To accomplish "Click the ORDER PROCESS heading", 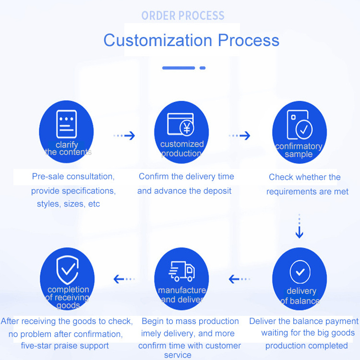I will [183, 16].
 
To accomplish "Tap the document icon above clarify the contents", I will [66, 124].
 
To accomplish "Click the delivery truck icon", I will [181, 272].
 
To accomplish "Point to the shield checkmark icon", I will [67, 269].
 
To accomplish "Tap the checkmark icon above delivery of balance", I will [300, 272].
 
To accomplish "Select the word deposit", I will [216, 191].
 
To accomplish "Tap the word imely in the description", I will [153, 334].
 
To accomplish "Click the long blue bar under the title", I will [179, 68].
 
